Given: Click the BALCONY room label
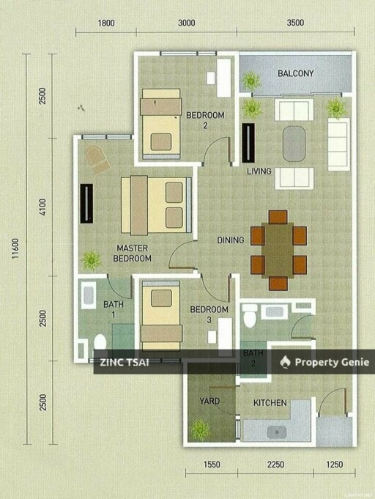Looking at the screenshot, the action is click(x=295, y=73).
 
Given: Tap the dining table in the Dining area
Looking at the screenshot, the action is click(x=278, y=250).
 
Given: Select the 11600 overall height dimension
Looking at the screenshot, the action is click(x=15, y=248).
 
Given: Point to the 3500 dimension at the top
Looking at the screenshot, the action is click(x=295, y=23).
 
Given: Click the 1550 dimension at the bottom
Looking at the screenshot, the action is click(x=212, y=465).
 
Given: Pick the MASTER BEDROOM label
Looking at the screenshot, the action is click(x=132, y=253).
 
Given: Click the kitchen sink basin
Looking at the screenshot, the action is click(x=277, y=432).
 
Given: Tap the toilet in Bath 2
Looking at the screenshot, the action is click(x=249, y=315).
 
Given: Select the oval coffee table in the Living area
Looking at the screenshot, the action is click(x=294, y=144).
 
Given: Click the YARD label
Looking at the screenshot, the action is click(x=209, y=401).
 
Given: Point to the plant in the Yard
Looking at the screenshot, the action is click(x=201, y=429).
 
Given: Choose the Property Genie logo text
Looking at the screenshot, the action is click(x=332, y=362).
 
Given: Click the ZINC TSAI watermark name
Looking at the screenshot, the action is click(x=125, y=362).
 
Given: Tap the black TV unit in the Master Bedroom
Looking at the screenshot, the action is click(x=86, y=204).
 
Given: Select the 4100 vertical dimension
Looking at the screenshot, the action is click(x=43, y=207).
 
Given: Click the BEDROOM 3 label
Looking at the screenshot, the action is click(x=209, y=314).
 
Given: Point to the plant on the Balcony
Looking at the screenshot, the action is click(x=252, y=81).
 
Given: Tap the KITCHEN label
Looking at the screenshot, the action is click(x=270, y=403).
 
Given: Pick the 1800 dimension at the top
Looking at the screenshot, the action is click(x=106, y=23).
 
